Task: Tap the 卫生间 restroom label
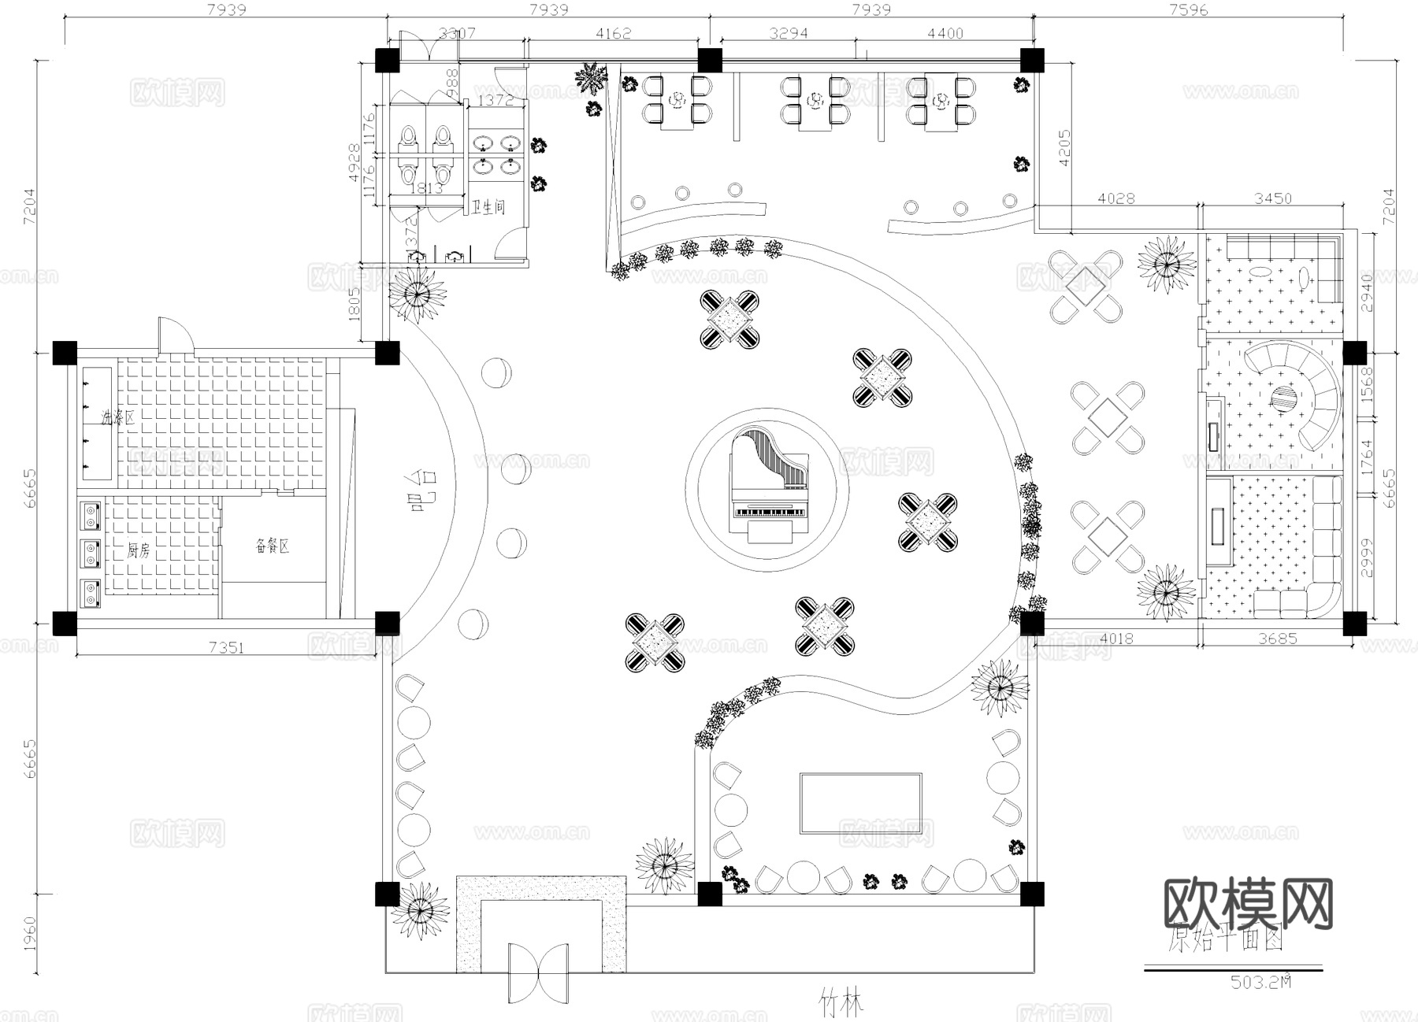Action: pyautogui.click(x=488, y=208)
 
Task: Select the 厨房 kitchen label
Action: pyautogui.click(x=138, y=551)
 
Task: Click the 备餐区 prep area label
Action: pyautogui.click(x=273, y=546)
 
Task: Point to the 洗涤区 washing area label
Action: pyautogui.click(x=117, y=417)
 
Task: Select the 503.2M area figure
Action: pyautogui.click(x=1260, y=982)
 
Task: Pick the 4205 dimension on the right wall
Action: pyautogui.click(x=1064, y=148)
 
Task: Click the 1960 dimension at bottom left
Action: pyautogui.click(x=29, y=933)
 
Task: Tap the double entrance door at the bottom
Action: pyautogui.click(x=538, y=974)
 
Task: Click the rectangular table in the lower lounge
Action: pyautogui.click(x=860, y=803)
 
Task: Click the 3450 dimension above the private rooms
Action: pyautogui.click(x=1272, y=198)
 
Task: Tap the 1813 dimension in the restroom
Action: pyautogui.click(x=427, y=188)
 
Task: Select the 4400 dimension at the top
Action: pyautogui.click(x=945, y=33)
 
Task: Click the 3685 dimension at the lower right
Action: pyautogui.click(x=1276, y=639)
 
